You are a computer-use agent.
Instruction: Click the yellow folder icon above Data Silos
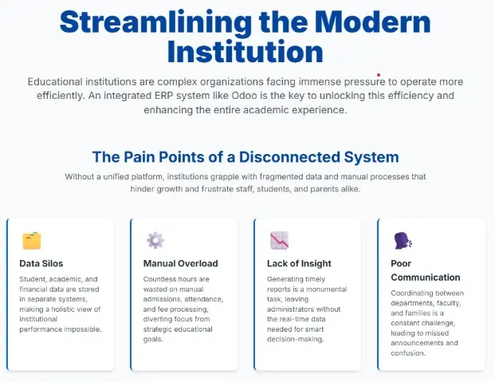[x=32, y=240]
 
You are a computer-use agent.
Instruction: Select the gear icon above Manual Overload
[x=155, y=240]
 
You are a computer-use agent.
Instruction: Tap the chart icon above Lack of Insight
[x=279, y=240]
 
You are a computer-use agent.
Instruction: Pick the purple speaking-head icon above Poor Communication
[x=403, y=240]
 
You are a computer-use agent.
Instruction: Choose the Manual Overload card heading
[x=180, y=263]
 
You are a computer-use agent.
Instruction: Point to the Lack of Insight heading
[x=299, y=263]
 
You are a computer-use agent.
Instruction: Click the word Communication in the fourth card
[x=426, y=278]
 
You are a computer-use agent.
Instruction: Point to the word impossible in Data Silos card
[x=95, y=329]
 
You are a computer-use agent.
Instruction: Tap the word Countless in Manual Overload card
[x=162, y=280]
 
